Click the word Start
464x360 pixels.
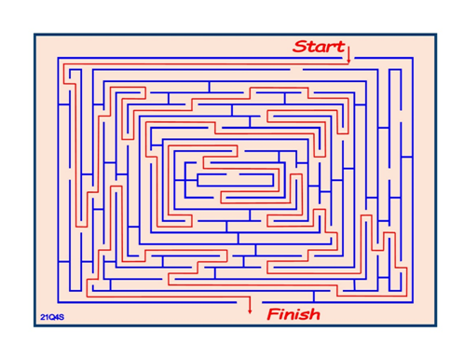(319, 47)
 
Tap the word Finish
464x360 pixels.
(293, 314)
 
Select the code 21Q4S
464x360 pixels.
(52, 317)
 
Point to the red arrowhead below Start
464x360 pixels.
(348, 62)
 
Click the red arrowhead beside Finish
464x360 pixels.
(250, 311)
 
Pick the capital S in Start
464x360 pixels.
(300, 47)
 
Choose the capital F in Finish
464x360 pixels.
(274, 314)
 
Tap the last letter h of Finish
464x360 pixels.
(315, 314)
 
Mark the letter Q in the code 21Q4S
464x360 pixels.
(52, 317)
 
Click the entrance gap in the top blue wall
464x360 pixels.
(348, 58)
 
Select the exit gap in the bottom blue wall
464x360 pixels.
(250, 302)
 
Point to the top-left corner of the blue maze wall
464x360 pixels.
(58, 58)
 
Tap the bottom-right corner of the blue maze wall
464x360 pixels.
(413, 302)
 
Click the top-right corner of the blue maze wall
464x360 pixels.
(413, 58)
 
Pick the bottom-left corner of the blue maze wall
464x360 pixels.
(58, 302)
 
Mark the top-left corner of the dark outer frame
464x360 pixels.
(34, 34)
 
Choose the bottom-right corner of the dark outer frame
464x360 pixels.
(436, 326)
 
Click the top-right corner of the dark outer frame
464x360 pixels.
(436, 34)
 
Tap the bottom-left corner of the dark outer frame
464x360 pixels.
(34, 326)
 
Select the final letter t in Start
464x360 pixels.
(340, 47)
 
